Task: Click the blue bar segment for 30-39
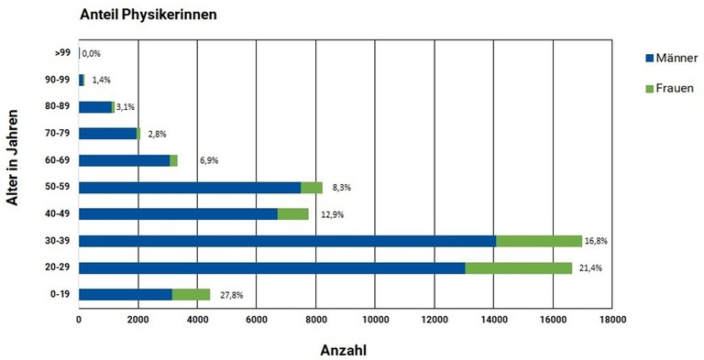(287, 241)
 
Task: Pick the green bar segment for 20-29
(519, 267)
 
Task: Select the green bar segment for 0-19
(191, 294)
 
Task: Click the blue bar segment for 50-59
(190, 187)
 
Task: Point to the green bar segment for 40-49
(292, 213)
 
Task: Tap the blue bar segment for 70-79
(107, 134)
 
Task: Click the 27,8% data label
(232, 295)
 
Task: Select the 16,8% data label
(602, 241)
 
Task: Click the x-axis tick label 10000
(375, 321)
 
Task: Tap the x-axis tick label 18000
(611, 321)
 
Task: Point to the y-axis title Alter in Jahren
(15, 173)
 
